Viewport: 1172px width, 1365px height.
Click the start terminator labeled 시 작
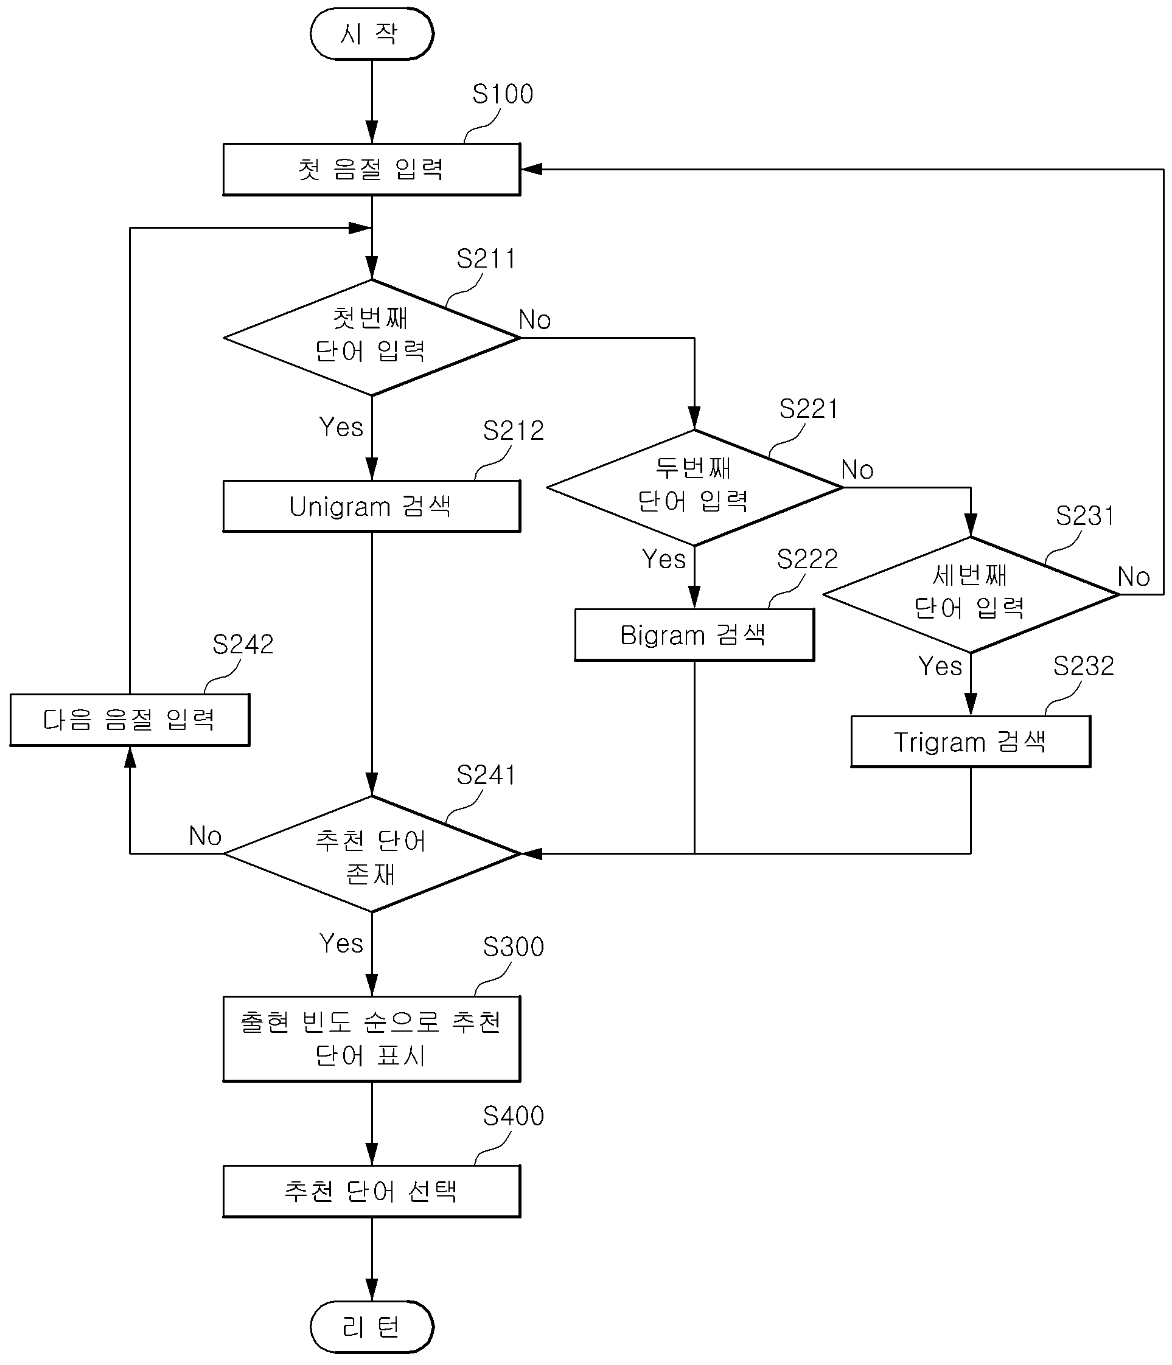[372, 33]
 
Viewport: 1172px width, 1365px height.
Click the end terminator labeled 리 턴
[372, 1327]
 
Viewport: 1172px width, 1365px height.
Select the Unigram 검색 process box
[372, 506]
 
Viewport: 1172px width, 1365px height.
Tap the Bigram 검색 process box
[694, 634]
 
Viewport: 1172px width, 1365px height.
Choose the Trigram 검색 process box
[971, 742]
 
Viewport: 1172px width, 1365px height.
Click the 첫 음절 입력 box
[372, 169]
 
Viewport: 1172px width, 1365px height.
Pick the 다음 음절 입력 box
[130, 720]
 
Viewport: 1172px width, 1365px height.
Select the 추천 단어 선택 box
[372, 1191]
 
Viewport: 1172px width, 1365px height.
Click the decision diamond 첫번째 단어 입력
[372, 338]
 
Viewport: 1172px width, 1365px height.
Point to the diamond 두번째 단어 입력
[694, 487]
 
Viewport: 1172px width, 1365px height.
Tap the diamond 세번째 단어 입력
[971, 595]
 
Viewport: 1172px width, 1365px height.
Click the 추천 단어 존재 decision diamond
[372, 854]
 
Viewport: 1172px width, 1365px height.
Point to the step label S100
[502, 94]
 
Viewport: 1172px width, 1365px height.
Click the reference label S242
[243, 644]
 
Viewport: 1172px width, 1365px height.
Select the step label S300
[514, 947]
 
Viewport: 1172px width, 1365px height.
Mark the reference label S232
[1084, 666]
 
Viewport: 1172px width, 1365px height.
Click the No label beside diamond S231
[1134, 577]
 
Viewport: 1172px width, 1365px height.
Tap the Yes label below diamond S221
[664, 559]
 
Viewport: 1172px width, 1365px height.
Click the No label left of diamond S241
[205, 836]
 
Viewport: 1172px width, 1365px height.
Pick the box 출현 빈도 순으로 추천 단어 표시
[372, 1039]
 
